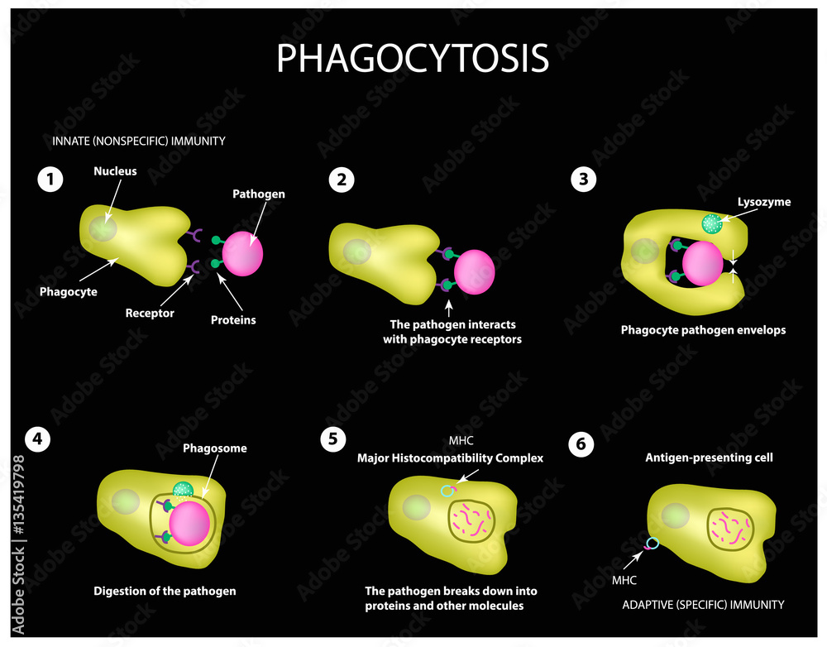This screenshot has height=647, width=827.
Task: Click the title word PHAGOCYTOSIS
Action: (413, 59)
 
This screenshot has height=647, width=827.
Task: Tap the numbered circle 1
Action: (50, 179)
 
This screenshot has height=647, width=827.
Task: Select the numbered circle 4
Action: (36, 440)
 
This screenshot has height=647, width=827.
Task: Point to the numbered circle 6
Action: (581, 444)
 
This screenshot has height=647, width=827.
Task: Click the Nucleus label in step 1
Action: (115, 171)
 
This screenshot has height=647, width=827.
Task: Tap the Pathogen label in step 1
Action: (258, 194)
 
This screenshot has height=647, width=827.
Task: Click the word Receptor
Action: (150, 313)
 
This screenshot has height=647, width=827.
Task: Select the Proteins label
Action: (233, 319)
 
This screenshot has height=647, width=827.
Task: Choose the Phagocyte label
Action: (68, 291)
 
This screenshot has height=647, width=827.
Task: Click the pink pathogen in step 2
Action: (474, 271)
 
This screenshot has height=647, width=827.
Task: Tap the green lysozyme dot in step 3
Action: (711, 223)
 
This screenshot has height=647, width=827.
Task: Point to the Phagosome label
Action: (216, 448)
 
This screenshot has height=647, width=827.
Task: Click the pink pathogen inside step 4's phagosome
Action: (189, 523)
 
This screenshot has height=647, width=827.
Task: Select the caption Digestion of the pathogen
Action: (165, 591)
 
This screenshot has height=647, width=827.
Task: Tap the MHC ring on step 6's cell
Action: (653, 544)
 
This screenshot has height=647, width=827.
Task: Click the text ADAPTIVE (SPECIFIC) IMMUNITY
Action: (703, 605)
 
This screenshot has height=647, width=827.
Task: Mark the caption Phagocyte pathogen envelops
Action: (703, 329)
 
